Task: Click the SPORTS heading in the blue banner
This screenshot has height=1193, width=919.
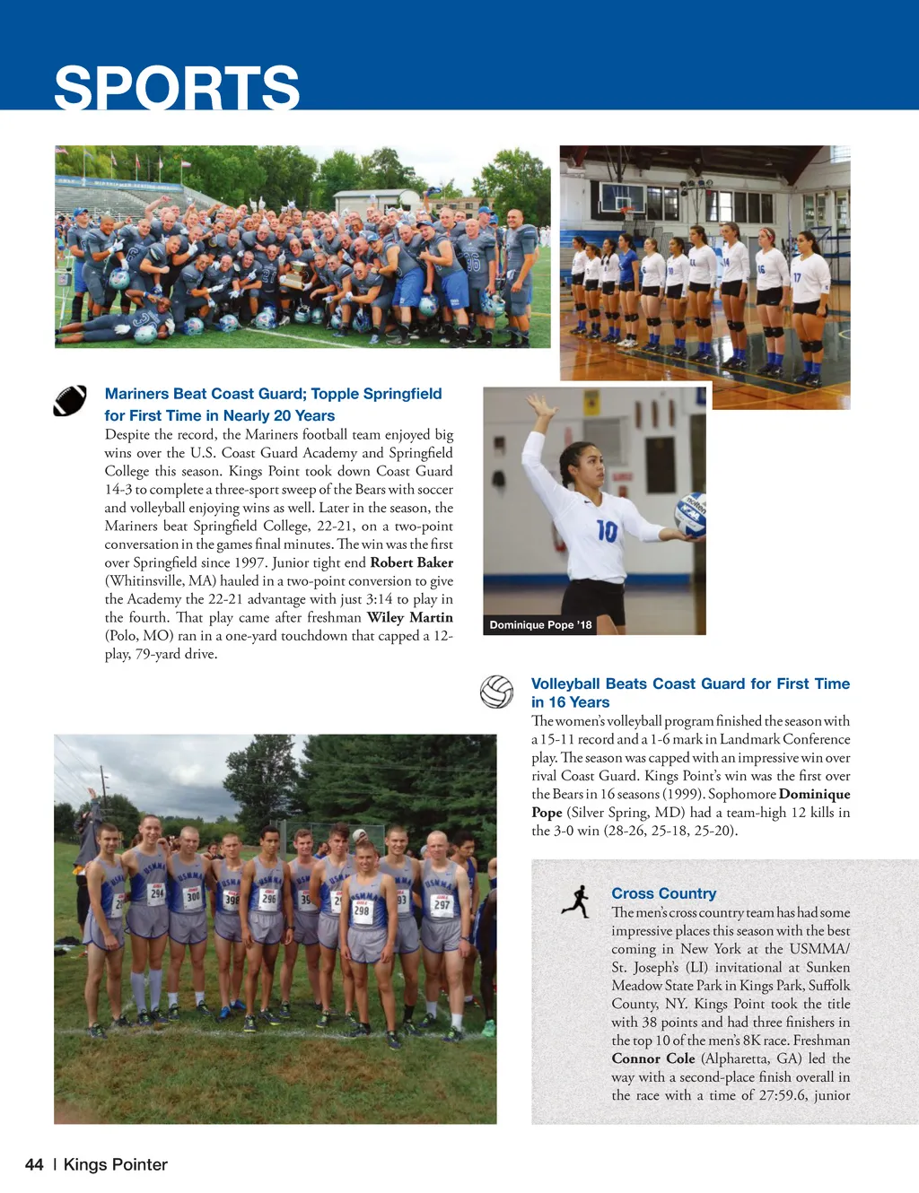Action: pyautogui.click(x=177, y=88)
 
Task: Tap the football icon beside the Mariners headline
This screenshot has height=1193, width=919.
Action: pyautogui.click(x=70, y=401)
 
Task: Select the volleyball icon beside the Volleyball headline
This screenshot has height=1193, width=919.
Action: pyautogui.click(x=496, y=692)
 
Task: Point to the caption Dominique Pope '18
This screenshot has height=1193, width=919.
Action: pyautogui.click(x=540, y=625)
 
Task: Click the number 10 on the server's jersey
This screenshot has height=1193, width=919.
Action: pyautogui.click(x=607, y=532)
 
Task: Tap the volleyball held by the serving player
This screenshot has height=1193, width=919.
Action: pyautogui.click(x=691, y=515)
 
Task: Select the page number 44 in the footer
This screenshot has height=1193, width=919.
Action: pyautogui.click(x=34, y=1164)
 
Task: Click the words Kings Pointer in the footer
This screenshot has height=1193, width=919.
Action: pyautogui.click(x=115, y=1164)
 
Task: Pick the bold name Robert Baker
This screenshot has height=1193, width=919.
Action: pyautogui.click(x=411, y=562)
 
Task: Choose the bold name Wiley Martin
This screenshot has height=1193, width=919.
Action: pyautogui.click(x=409, y=617)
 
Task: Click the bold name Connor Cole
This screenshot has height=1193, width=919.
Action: pyautogui.click(x=652, y=1058)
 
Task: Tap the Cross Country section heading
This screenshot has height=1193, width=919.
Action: pyautogui.click(x=663, y=893)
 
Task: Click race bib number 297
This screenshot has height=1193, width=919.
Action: pyautogui.click(x=442, y=904)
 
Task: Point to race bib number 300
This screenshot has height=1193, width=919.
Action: pyautogui.click(x=193, y=895)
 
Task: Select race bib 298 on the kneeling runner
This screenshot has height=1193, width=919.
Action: pyautogui.click(x=362, y=910)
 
